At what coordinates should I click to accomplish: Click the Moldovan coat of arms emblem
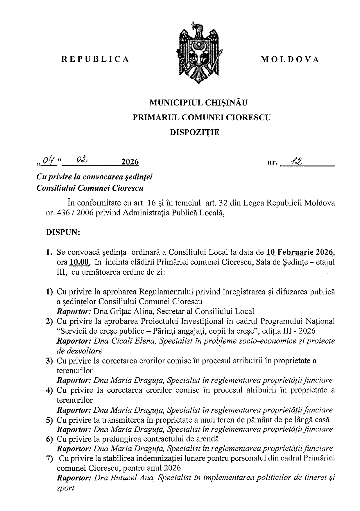click(x=198, y=53)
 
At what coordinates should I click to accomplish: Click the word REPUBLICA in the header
click(x=95, y=59)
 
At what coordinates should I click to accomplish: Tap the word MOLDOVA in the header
click(x=290, y=59)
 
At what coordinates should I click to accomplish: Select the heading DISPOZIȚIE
click(x=195, y=133)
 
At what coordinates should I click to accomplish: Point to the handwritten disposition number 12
click(x=297, y=160)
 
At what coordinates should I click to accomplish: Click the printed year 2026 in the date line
click(x=130, y=162)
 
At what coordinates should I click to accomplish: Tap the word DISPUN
click(x=63, y=233)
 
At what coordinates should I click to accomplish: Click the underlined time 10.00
click(x=79, y=262)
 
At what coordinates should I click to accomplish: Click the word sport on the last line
click(x=65, y=488)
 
